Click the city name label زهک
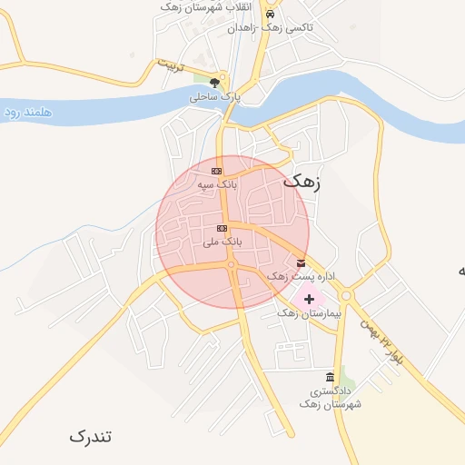tap(302, 181)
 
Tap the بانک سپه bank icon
tap(217, 171)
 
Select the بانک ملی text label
tap(222, 242)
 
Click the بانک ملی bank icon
tap(222, 228)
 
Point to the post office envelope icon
tap(301, 263)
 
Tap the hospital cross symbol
tap(310, 298)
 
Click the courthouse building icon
tap(329, 378)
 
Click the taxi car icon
tap(269, 15)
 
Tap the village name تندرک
tap(91, 436)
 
